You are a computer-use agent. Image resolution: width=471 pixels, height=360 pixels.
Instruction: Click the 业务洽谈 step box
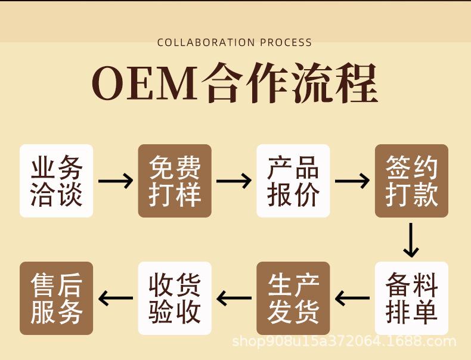click(57, 181)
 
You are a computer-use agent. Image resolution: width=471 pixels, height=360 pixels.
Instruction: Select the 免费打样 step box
click(175, 181)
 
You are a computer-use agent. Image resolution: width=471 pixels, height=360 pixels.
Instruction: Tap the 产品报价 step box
click(293, 181)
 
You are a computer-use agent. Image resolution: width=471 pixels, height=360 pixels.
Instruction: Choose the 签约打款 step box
click(411, 181)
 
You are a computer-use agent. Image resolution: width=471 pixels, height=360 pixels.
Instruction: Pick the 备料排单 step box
click(411, 298)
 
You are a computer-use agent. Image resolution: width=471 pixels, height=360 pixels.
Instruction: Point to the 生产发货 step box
click(293, 298)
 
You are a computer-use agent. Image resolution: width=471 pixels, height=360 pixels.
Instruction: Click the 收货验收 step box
click(175, 298)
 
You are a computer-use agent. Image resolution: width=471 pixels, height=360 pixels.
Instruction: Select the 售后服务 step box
click(57, 298)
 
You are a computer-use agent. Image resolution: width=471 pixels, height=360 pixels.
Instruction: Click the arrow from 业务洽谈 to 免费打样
click(116, 181)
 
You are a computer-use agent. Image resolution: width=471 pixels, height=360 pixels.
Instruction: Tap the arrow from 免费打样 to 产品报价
click(234, 181)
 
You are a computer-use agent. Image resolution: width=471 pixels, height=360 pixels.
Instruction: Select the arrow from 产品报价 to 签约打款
click(352, 181)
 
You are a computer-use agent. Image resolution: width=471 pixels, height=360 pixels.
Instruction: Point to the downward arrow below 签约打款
click(411, 240)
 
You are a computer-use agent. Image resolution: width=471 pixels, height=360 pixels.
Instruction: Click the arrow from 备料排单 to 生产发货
click(352, 297)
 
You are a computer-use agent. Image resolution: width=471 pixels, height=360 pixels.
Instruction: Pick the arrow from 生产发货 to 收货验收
click(234, 297)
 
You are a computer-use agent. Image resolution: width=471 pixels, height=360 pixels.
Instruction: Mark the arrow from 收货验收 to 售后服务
click(116, 297)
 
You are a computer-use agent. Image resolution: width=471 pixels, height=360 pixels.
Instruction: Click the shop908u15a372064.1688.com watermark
click(343, 342)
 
